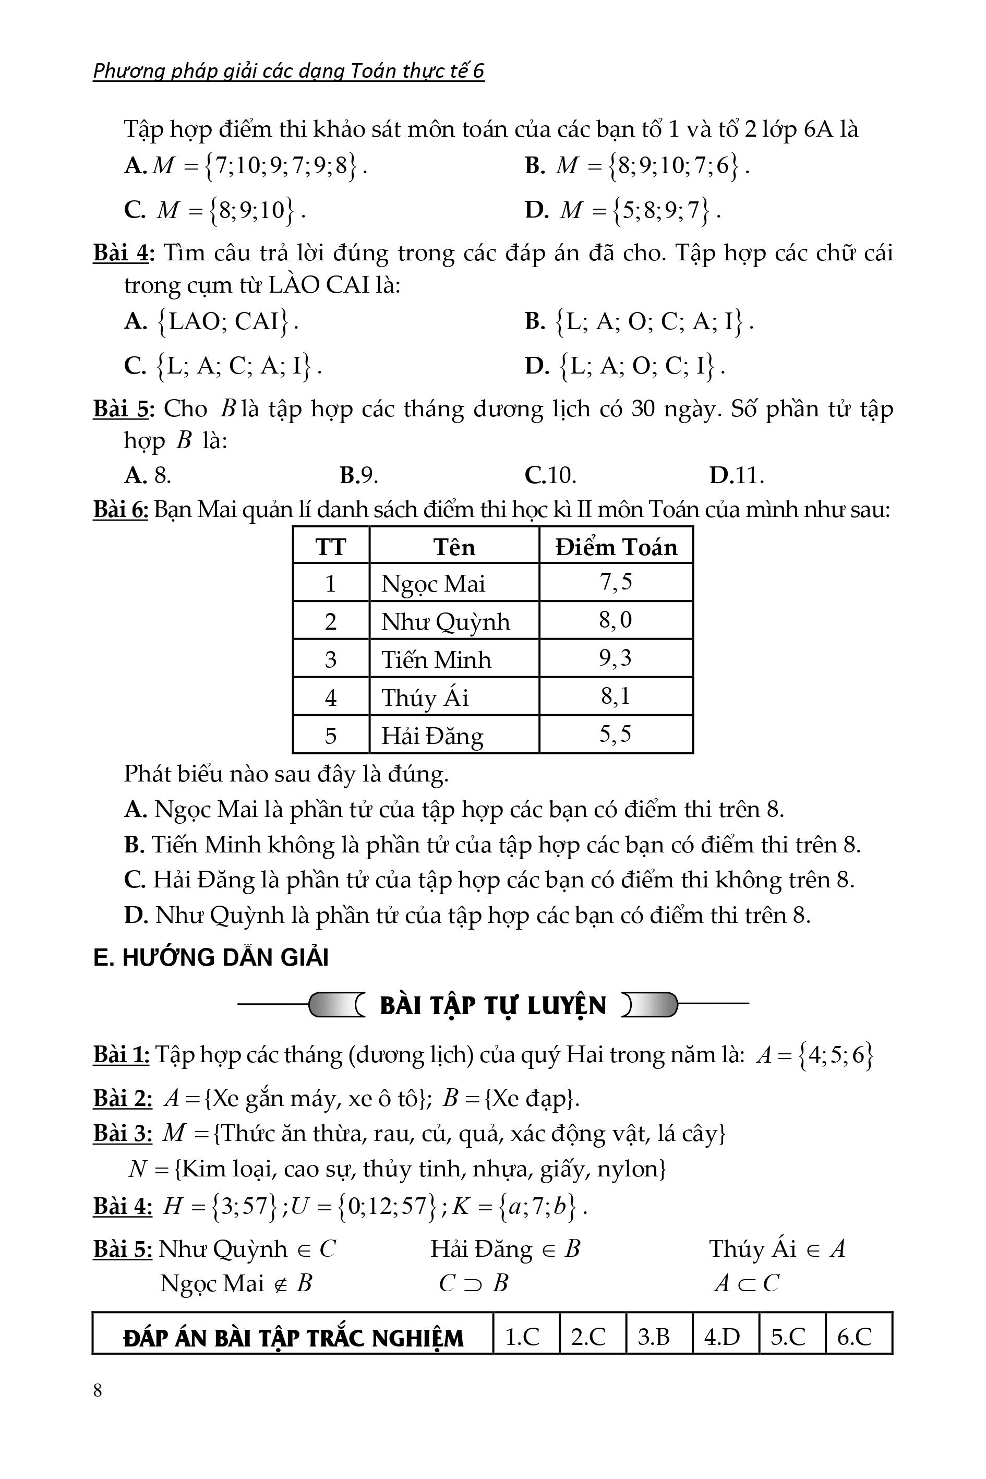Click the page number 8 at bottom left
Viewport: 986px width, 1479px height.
(98, 1390)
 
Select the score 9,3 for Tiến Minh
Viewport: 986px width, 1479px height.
(615, 658)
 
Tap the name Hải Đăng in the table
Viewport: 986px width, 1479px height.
(432, 735)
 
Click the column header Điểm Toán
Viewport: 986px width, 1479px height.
(616, 546)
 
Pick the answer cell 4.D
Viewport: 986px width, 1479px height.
(722, 1336)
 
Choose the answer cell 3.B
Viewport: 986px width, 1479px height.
(654, 1336)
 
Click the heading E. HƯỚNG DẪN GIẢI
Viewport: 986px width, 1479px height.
(211, 958)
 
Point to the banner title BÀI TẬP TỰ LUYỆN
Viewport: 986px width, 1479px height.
(493, 1005)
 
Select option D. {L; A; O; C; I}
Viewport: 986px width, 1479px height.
(626, 365)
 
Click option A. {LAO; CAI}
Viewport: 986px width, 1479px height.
(211, 321)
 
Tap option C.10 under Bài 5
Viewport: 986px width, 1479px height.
(550, 475)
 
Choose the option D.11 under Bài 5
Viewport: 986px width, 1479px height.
(736, 475)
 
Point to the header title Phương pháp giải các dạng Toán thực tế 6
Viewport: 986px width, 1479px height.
(288, 71)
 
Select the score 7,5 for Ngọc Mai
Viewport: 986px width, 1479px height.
(615, 582)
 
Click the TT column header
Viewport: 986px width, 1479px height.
(331, 546)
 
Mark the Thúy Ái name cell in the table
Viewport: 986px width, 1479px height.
(425, 698)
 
